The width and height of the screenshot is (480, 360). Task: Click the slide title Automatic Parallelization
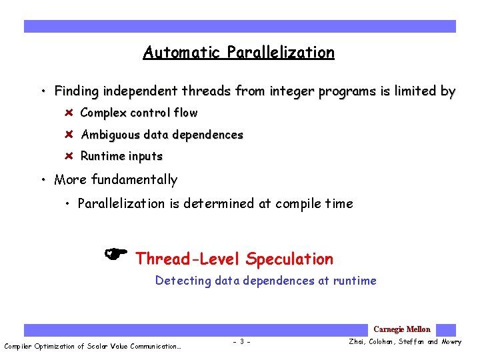point(239,53)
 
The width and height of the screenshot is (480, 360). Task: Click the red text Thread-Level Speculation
point(234,259)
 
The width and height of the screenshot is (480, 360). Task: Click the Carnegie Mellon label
point(401,329)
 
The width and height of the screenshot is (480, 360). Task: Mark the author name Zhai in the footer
point(357,342)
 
